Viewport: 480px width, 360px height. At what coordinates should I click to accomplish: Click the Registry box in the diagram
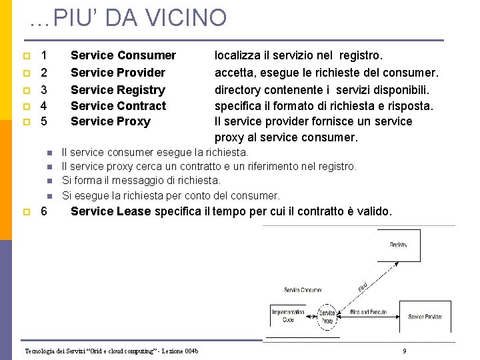tap(399, 245)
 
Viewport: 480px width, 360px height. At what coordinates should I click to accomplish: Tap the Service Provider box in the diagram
tap(425, 317)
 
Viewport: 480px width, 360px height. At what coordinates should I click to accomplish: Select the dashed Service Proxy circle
tap(327, 317)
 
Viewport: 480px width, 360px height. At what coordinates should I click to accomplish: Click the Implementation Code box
tap(287, 316)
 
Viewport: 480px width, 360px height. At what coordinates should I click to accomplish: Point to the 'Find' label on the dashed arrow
tap(363, 287)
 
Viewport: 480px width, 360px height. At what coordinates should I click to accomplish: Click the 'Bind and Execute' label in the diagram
tap(368, 311)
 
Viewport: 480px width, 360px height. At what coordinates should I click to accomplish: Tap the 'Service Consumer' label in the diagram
tap(303, 290)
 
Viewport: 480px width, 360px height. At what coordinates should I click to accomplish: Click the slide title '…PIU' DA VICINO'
tap(128, 18)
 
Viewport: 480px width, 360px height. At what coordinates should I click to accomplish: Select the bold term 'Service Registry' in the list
tap(117, 90)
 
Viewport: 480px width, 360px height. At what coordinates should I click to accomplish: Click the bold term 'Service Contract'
tap(118, 106)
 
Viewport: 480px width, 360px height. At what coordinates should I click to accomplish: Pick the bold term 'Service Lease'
tap(111, 211)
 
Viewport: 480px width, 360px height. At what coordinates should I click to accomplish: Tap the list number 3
tap(44, 90)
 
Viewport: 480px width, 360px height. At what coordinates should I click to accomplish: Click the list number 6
tap(44, 211)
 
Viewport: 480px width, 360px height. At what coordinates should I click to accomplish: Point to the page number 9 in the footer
tap(405, 351)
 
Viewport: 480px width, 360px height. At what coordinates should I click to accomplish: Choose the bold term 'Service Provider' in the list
tap(117, 73)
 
